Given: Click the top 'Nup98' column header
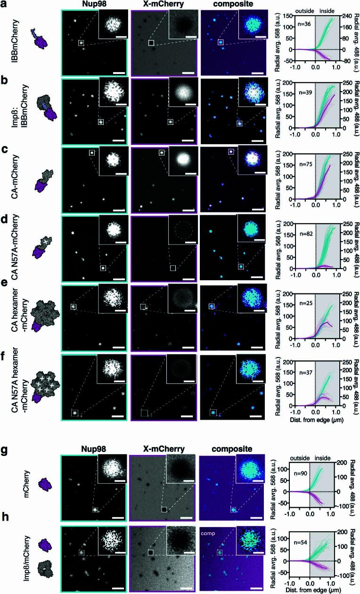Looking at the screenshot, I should [x=94, y=4].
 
